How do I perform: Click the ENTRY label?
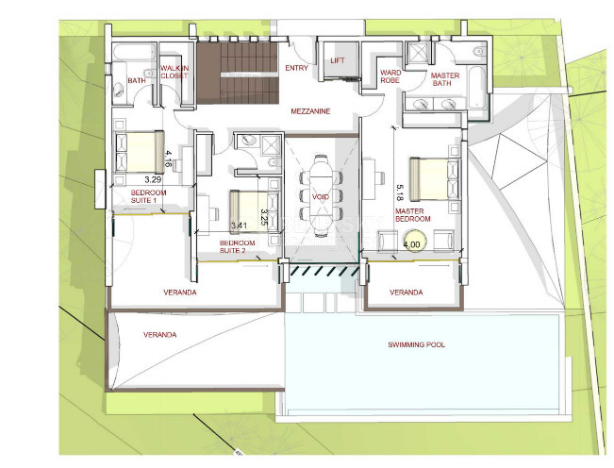tap(297, 68)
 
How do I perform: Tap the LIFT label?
tap(338, 60)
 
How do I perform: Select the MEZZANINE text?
tap(310, 111)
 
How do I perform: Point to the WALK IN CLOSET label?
tap(174, 73)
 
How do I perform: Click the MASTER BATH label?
tap(443, 80)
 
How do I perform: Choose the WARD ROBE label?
tap(390, 77)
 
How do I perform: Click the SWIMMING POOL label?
tap(416, 345)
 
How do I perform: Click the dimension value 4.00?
tap(412, 244)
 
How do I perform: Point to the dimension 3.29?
tap(153, 176)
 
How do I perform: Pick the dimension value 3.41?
tap(239, 226)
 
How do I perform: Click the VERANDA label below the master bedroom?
tap(407, 292)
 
